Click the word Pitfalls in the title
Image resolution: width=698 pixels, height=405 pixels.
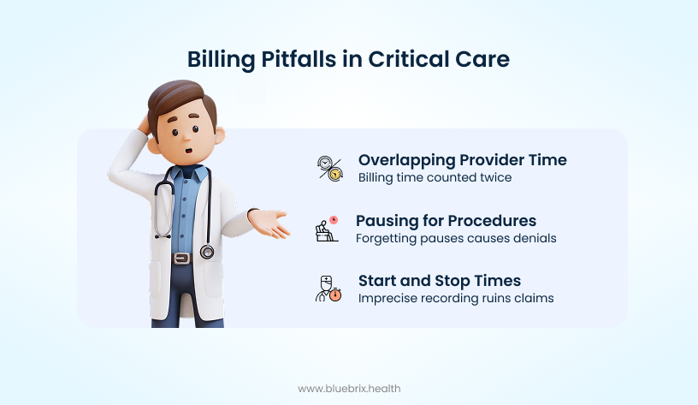coord(299,59)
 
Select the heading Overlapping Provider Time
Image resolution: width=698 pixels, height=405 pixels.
coord(463,160)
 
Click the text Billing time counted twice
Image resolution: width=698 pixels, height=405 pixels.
coord(435,177)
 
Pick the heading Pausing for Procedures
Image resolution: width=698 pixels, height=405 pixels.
coord(446,221)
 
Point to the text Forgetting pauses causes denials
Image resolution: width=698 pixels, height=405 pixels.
coord(456,238)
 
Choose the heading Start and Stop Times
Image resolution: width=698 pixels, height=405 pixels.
coord(440,281)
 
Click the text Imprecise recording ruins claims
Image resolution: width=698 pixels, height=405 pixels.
coord(456,298)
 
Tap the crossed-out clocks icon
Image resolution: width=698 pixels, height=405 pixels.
coord(330,169)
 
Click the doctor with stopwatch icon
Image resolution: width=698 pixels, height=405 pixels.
coord(328,289)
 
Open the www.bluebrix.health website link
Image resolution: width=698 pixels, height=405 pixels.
coord(349,389)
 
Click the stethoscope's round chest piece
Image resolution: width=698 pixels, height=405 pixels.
coord(207,252)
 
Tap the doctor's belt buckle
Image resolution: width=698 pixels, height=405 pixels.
coord(181,259)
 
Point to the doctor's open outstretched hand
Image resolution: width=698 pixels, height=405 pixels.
coord(269,223)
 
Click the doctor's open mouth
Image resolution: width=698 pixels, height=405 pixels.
coord(189,150)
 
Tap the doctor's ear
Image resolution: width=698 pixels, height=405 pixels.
coord(220,135)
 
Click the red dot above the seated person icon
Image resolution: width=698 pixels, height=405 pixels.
coord(334,220)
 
